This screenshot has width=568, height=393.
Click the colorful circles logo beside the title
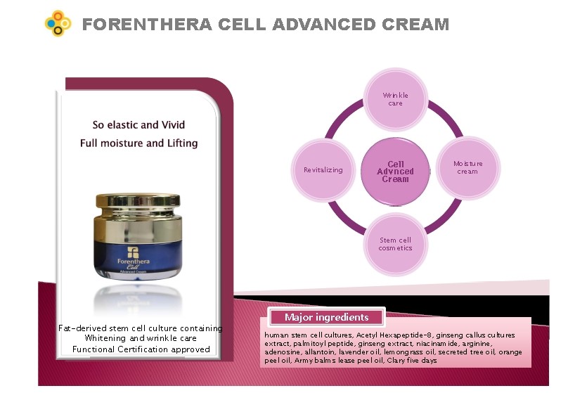tap(58, 23)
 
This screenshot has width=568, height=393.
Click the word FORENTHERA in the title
tap(147, 25)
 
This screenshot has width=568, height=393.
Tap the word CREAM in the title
tap(415, 25)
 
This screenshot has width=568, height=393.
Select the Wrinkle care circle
tap(396, 99)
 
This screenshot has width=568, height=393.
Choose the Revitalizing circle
tap(323, 169)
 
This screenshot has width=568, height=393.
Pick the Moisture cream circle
tap(467, 168)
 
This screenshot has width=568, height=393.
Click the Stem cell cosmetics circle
tap(396, 244)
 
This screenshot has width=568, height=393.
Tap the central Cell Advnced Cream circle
tap(396, 172)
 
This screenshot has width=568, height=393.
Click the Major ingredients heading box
tap(326, 317)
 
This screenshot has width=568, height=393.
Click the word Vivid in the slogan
tap(173, 125)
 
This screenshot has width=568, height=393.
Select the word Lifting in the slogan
tap(183, 143)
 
